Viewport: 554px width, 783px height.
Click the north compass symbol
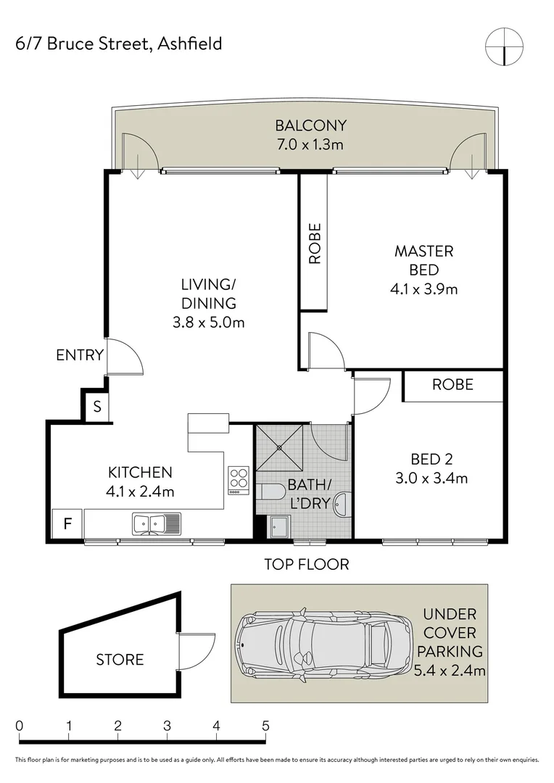[504, 46]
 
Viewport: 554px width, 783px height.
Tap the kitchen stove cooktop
[239, 479]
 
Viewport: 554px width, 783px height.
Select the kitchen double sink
[157, 524]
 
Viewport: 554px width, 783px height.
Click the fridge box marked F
[67, 523]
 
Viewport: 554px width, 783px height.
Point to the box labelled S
[97, 407]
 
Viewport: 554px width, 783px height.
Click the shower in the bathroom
[279, 448]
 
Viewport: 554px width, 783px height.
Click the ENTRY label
[80, 355]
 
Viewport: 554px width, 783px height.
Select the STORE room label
[120, 660]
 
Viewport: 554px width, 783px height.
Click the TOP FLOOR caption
[307, 564]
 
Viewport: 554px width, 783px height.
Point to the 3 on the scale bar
[167, 726]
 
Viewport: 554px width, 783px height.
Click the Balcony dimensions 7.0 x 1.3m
[310, 144]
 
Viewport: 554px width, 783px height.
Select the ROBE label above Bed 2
[452, 384]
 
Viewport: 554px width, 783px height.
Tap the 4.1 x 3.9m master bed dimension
[423, 289]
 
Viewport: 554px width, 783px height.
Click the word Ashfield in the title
[190, 44]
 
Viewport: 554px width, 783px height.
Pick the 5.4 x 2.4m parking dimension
[450, 670]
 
